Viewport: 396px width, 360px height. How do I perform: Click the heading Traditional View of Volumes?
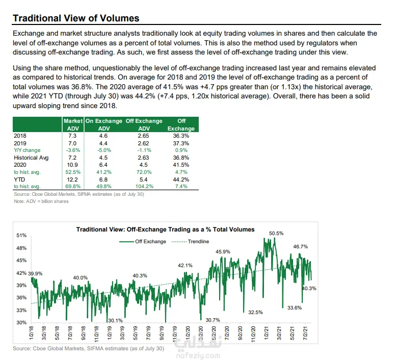click(x=75, y=18)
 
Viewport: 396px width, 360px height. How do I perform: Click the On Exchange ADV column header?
click(x=103, y=124)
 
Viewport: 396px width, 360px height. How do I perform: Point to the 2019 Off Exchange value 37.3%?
click(x=181, y=143)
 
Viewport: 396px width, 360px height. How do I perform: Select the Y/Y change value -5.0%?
click(x=103, y=150)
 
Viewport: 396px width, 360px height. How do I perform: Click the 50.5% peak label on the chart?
click(x=276, y=233)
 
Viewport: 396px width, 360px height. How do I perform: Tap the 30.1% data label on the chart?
click(x=115, y=320)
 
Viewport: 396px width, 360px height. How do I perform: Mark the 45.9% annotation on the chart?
click(x=223, y=251)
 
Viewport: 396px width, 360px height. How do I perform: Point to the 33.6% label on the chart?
click(x=295, y=307)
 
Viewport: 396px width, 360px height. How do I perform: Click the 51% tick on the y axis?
click(x=21, y=236)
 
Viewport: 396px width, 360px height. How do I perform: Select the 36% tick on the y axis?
click(x=21, y=298)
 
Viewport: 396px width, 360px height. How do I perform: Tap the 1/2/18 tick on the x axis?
click(x=31, y=334)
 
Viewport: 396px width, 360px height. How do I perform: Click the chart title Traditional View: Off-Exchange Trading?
click(x=165, y=229)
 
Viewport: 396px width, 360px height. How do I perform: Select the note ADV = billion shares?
click(x=41, y=201)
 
